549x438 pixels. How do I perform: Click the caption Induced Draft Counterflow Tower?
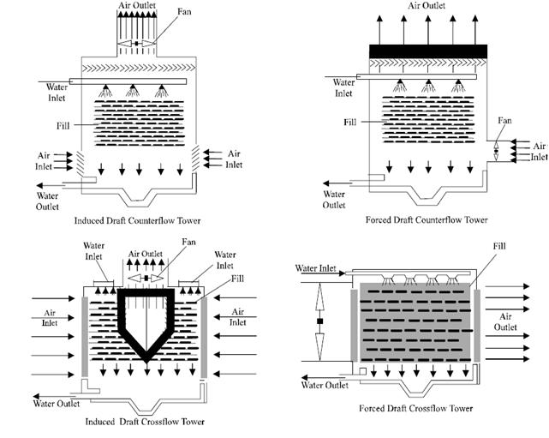pyautogui.click(x=149, y=221)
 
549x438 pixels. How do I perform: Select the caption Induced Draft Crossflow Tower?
pyautogui.click(x=146, y=422)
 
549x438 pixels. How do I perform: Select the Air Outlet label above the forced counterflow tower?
pyautogui.click(x=427, y=5)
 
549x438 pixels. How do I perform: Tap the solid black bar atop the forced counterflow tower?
pyautogui.click(x=427, y=51)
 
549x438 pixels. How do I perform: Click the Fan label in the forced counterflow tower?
pyautogui.click(x=505, y=121)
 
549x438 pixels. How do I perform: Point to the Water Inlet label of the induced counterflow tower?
pyautogui.click(x=53, y=90)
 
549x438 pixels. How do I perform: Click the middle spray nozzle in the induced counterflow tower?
pyautogui.click(x=133, y=91)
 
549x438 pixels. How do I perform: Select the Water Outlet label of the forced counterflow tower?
pyautogui.click(x=335, y=200)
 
